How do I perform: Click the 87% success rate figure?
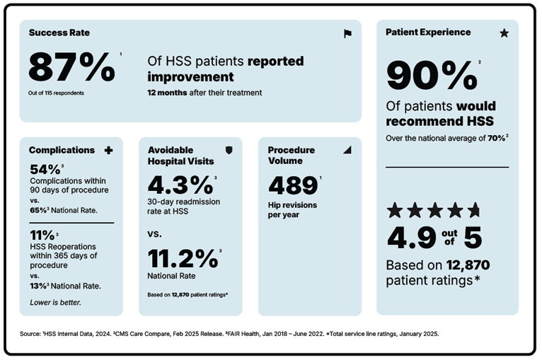pos(71,68)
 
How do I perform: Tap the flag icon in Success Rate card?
pos(347,33)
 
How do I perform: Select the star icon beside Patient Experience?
pos(504,33)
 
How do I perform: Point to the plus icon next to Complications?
pos(108,151)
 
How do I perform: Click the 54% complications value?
pos(45,170)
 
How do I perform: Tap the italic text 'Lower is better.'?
pos(55,302)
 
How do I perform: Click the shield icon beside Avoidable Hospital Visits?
pos(228,151)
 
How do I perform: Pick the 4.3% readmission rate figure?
pos(180,185)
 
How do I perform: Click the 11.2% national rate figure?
pos(183,256)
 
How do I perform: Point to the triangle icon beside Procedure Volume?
pos(347,151)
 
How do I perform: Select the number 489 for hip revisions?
pos(292,185)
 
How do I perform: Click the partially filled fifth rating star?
pos(473,210)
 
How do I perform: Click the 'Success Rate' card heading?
pos(59,33)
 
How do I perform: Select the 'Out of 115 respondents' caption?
pos(57,93)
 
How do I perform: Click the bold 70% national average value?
pos(496,139)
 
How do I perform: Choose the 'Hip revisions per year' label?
pos(292,210)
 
